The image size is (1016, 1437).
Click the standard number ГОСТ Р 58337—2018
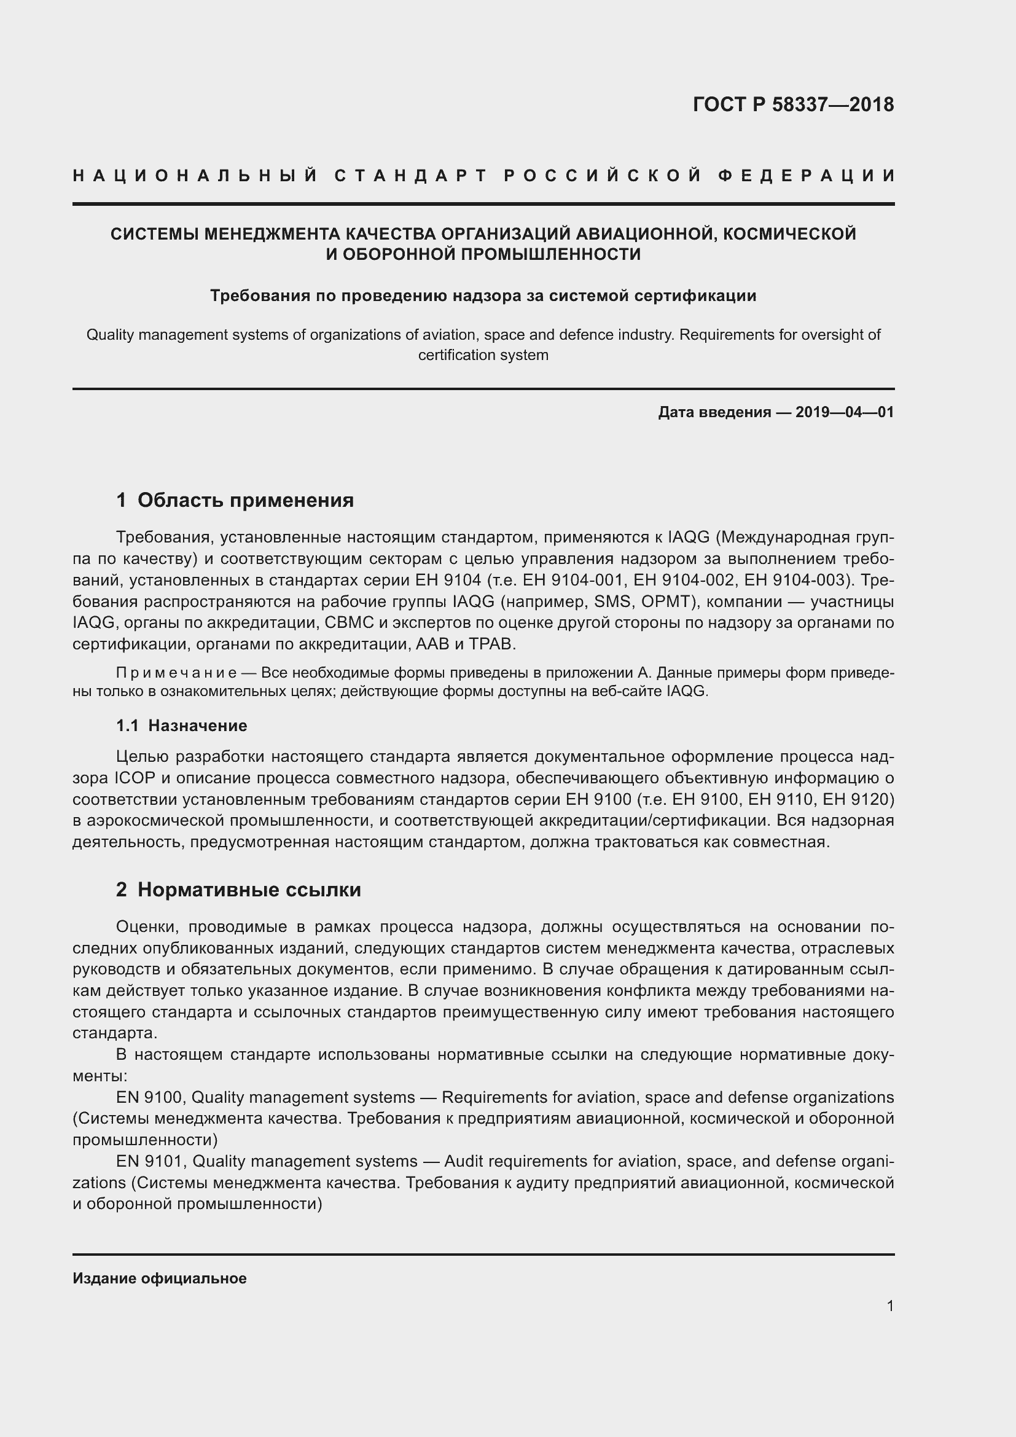click(x=793, y=104)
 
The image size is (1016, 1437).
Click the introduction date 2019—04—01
click(x=845, y=412)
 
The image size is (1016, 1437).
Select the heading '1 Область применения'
click(x=235, y=500)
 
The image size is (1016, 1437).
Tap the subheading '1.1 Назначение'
click(x=181, y=726)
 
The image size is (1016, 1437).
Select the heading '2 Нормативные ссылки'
click(x=238, y=890)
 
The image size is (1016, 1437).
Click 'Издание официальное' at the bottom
click(x=160, y=1278)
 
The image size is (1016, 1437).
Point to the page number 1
click(x=890, y=1306)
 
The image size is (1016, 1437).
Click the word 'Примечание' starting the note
click(x=176, y=673)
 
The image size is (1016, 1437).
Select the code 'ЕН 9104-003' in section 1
click(x=794, y=580)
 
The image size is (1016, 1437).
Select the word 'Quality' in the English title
click(x=110, y=335)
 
